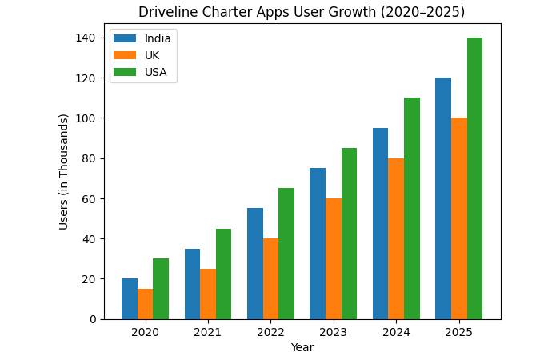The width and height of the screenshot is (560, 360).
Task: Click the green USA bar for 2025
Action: (x=475, y=178)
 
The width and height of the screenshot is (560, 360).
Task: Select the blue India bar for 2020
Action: (x=130, y=298)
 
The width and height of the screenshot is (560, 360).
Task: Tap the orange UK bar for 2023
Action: (x=334, y=258)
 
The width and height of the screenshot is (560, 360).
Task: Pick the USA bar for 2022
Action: (x=286, y=254)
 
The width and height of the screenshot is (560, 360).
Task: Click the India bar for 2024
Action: (x=381, y=223)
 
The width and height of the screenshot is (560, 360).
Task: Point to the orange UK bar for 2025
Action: (x=459, y=218)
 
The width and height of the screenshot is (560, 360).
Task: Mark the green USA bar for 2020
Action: (x=161, y=289)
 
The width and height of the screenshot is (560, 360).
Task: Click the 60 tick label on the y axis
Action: (x=90, y=198)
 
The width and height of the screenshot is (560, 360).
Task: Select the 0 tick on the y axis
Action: (x=93, y=319)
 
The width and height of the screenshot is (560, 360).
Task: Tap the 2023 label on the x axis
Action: (x=334, y=332)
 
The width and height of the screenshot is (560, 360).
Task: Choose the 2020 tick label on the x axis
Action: (x=145, y=332)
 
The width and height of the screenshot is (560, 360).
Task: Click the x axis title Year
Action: (x=302, y=347)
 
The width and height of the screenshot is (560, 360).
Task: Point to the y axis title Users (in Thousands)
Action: (x=64, y=171)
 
